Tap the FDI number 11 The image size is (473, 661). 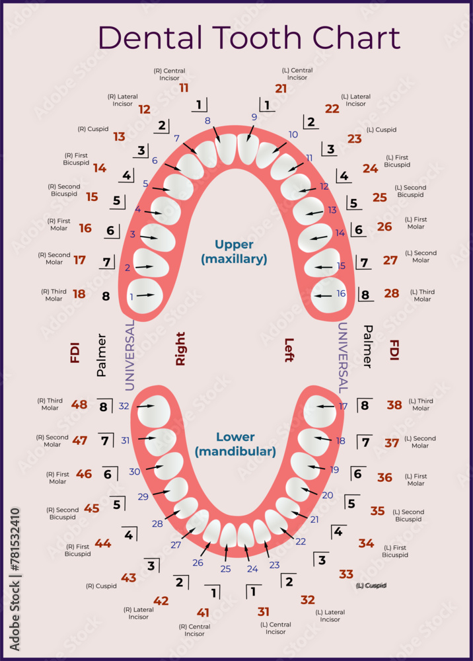(184, 87)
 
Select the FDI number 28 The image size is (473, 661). (392, 293)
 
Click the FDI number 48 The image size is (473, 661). (79, 405)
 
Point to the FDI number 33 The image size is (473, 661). (346, 574)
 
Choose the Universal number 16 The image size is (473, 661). (341, 293)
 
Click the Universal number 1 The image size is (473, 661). (131, 297)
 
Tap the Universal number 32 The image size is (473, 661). (124, 406)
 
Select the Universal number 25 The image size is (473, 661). (225, 568)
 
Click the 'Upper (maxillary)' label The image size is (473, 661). (234, 252)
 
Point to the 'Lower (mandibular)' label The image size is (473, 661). (235, 444)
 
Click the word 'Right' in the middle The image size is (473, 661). (180, 349)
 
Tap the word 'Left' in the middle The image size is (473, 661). (289, 350)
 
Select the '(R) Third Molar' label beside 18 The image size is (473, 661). (54, 295)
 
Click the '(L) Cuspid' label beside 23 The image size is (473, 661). (381, 130)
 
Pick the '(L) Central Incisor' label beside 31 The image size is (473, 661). (275, 628)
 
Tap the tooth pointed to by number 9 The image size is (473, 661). (248, 149)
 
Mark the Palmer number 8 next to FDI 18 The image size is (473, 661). (106, 296)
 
